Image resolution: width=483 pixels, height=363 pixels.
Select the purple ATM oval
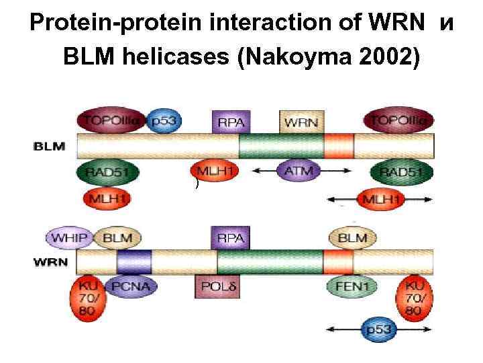299,171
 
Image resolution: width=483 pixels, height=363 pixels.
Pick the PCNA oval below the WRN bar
131,287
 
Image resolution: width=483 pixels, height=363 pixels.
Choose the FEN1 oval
352,287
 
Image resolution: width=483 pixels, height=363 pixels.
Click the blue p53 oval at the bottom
380,330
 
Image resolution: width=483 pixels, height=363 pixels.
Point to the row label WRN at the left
50,261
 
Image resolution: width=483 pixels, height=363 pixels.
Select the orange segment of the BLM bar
339,145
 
